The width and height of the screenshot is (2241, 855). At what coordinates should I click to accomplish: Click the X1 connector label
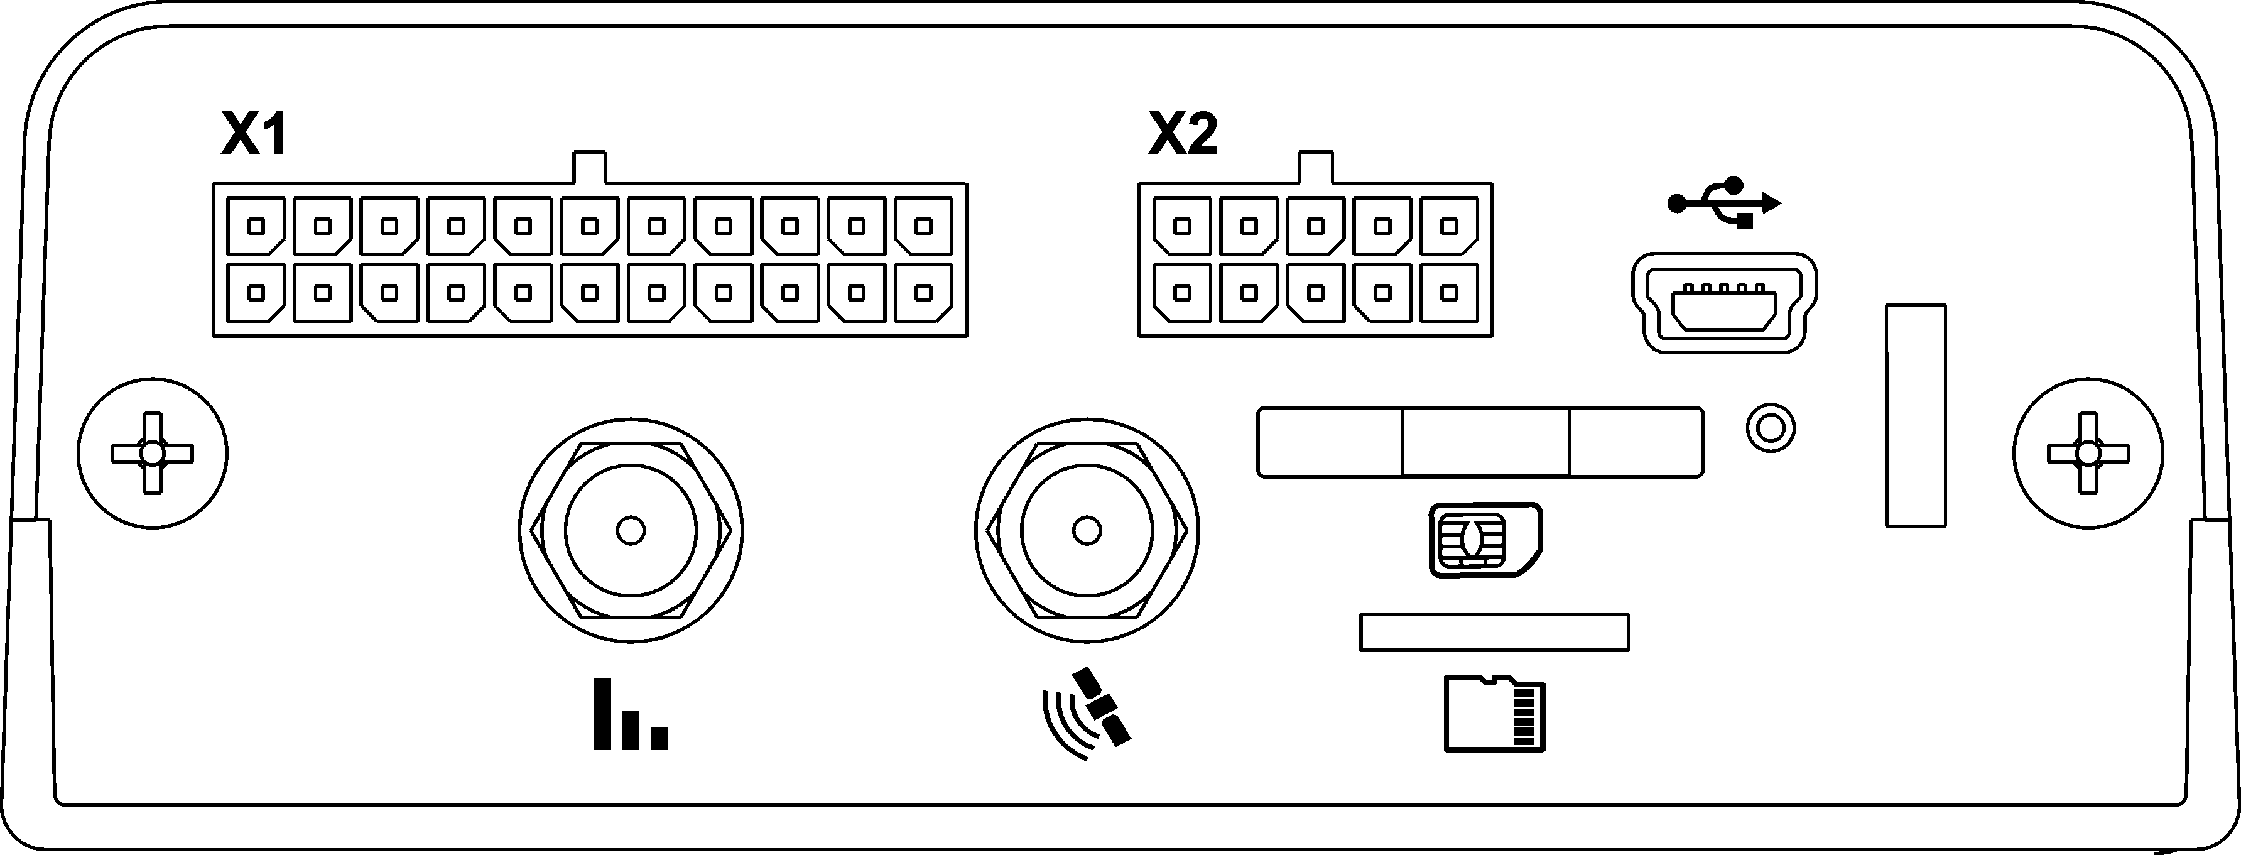(254, 136)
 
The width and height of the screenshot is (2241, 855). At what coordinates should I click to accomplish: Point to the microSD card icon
(1494, 712)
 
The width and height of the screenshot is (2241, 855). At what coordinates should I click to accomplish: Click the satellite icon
(1087, 712)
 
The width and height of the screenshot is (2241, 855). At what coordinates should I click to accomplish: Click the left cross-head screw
(152, 453)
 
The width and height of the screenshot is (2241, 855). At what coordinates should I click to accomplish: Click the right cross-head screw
(2088, 453)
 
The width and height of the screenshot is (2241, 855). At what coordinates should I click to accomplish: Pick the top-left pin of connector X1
(256, 226)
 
